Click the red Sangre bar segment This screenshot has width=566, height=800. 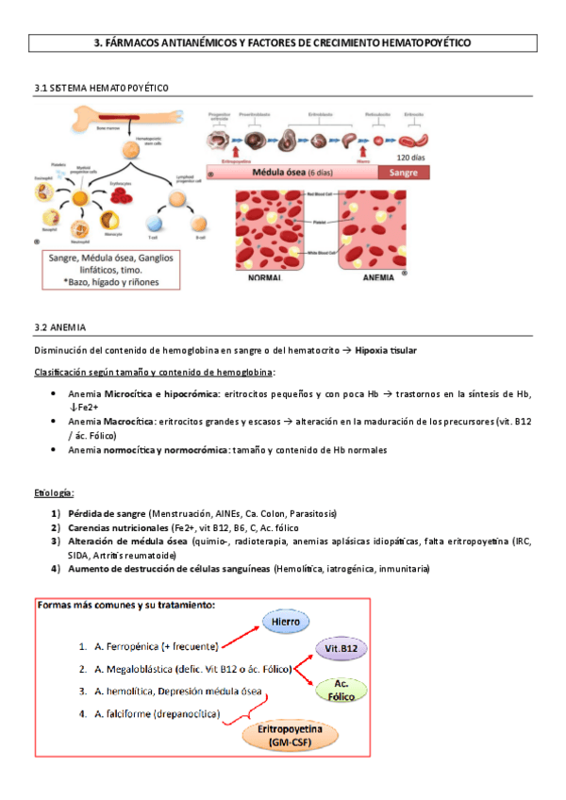point(403,174)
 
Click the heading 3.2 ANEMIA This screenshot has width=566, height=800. point(59,326)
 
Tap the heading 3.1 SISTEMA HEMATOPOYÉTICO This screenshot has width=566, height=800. point(101,87)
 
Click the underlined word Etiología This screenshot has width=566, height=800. point(54,492)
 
